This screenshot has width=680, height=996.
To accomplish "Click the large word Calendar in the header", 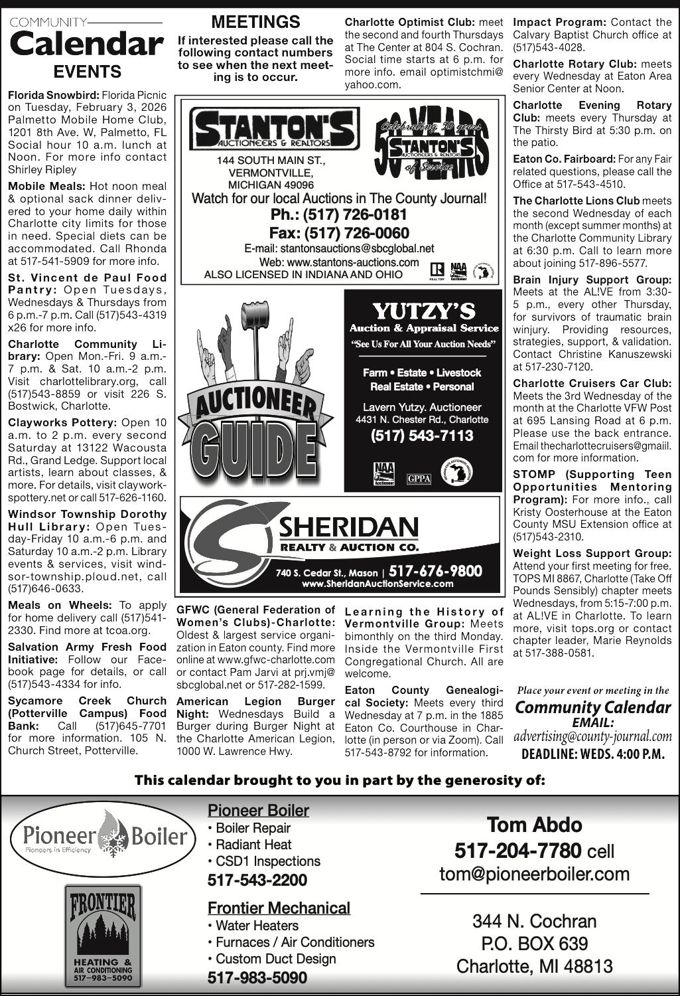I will (x=86, y=44).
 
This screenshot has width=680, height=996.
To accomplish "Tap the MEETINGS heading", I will (x=256, y=22).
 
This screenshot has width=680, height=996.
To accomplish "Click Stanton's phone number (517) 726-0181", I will (x=338, y=215).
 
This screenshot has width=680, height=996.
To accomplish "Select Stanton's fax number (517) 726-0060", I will (x=338, y=233).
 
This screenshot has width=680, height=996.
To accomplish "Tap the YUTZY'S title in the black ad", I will (x=424, y=311).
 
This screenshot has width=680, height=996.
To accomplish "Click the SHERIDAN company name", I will (x=348, y=529).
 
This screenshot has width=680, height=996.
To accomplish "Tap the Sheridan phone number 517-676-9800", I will (x=435, y=571).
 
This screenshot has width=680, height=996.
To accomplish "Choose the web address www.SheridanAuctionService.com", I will (x=377, y=584).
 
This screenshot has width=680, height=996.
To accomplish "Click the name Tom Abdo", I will (x=535, y=825).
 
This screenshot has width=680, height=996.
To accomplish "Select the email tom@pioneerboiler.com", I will (x=534, y=874).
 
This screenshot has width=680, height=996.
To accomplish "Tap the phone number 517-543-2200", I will (x=257, y=880).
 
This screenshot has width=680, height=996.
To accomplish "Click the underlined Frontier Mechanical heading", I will (x=279, y=908).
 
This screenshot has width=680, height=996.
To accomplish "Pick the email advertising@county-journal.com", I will (x=592, y=736).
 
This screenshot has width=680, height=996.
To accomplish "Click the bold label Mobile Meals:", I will (x=46, y=186).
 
